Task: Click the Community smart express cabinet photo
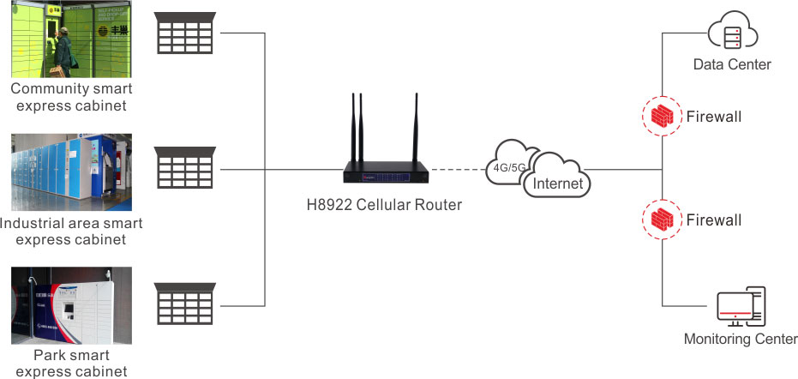click(x=71, y=39)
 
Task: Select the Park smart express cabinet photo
click(x=71, y=305)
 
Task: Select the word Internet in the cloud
click(x=558, y=183)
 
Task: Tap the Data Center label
click(x=732, y=64)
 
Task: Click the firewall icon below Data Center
click(x=663, y=117)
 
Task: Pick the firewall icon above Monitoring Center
click(x=663, y=220)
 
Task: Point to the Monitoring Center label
click(x=741, y=339)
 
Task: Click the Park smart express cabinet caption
click(x=71, y=363)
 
